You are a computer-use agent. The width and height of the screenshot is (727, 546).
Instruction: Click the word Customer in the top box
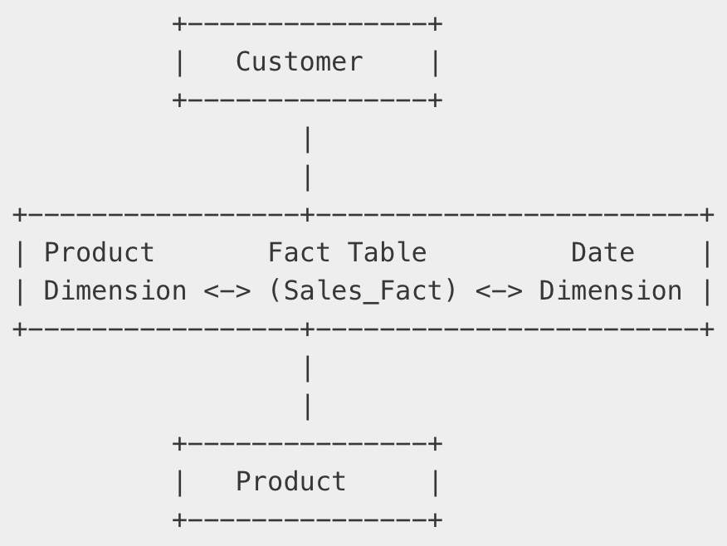tap(299, 62)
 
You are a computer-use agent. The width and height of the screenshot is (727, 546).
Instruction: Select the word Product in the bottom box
tap(290, 482)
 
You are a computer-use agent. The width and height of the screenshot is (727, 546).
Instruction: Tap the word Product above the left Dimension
tap(99, 252)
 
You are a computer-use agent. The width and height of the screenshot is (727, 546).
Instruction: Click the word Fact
tap(299, 252)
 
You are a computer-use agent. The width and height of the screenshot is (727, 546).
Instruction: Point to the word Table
tap(387, 252)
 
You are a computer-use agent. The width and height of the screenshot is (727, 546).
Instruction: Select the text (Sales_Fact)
tap(363, 291)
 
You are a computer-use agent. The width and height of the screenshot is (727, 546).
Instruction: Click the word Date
tap(603, 252)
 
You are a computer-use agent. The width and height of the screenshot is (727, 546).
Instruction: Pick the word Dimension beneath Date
tap(610, 291)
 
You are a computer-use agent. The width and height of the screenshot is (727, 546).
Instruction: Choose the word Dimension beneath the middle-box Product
tap(115, 291)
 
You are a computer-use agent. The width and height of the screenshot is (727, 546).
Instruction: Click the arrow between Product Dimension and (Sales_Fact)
tap(227, 291)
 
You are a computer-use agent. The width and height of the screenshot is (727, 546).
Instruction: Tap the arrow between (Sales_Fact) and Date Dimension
tap(499, 291)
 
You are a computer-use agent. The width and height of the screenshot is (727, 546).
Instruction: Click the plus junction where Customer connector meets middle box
tap(308, 216)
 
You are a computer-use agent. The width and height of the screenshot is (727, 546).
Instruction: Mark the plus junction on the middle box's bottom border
tap(308, 329)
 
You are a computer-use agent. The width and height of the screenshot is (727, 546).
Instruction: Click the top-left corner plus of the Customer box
tap(179, 24)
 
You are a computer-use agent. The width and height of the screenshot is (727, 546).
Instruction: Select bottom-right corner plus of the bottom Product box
tap(436, 520)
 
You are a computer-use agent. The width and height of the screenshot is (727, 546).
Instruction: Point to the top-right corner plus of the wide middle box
tap(707, 216)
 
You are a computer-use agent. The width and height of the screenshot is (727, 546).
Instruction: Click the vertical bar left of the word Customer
tap(179, 62)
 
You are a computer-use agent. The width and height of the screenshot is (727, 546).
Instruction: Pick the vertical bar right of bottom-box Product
tap(436, 482)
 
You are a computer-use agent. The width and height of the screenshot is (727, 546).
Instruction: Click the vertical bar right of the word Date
tap(707, 252)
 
